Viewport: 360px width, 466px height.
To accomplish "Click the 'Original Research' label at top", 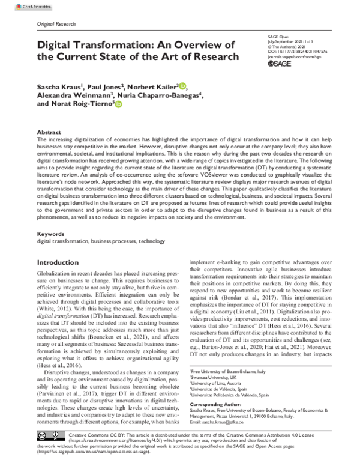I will click(56, 24).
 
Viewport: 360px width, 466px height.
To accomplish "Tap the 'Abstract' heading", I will click(49, 131).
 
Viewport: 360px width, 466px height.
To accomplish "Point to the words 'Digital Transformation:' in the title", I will click(98, 45).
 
